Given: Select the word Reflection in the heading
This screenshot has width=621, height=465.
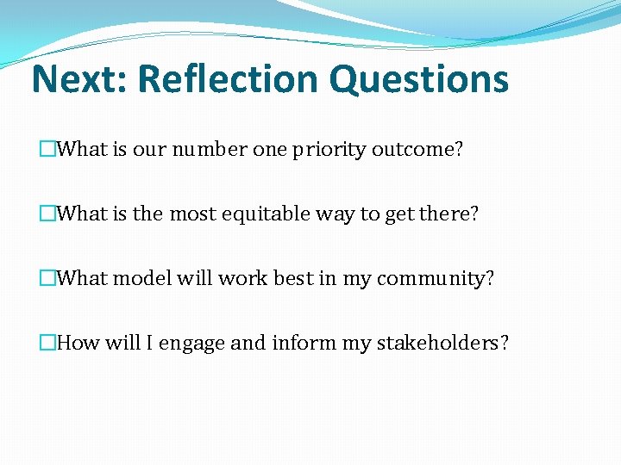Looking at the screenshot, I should [229, 79].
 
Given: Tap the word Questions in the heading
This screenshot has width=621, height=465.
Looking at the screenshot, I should [419, 79].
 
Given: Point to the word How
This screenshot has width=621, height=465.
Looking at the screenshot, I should [78, 344].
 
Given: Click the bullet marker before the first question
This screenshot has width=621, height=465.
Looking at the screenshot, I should [47, 150].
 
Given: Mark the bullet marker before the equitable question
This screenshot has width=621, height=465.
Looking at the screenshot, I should [47, 214].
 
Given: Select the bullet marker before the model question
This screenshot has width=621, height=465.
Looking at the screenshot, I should [47, 279].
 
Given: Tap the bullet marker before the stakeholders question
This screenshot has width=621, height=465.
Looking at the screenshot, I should [47, 344].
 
